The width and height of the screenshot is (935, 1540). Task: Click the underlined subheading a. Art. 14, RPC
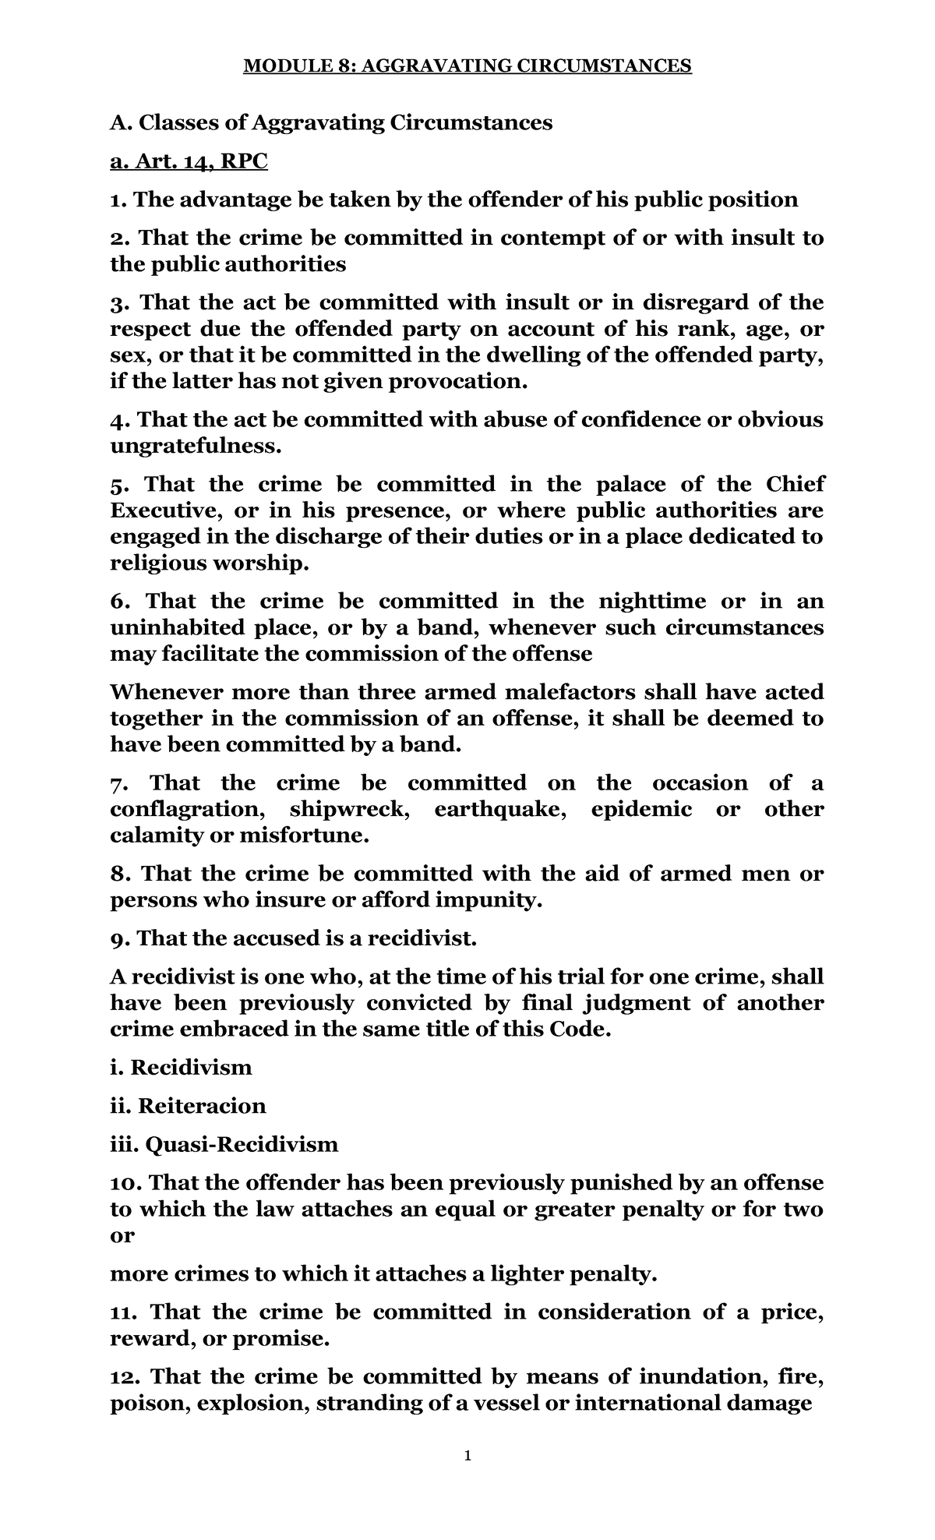[189, 161]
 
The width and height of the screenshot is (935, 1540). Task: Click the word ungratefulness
[194, 447]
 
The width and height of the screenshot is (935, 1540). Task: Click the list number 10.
[125, 1183]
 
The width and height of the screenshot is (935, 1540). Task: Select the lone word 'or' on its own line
[122, 1235]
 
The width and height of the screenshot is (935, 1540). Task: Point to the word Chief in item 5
[795, 485]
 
